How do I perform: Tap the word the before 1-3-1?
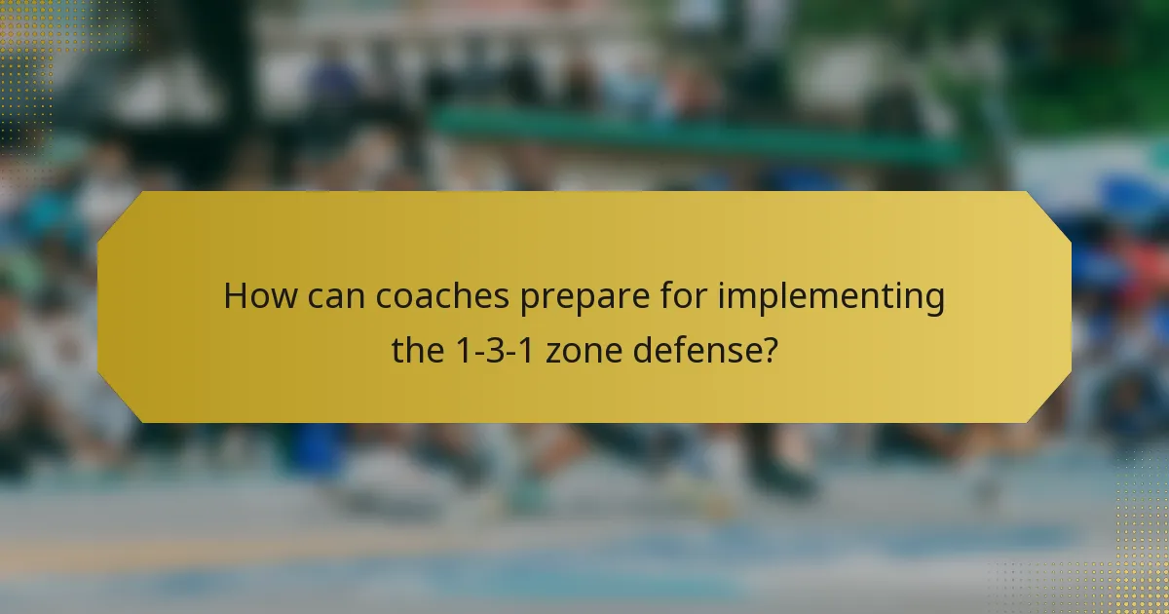tap(418, 348)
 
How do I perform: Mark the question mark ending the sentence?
tap(769, 348)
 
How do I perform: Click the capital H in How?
tap(235, 296)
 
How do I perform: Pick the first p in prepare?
tap(527, 300)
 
